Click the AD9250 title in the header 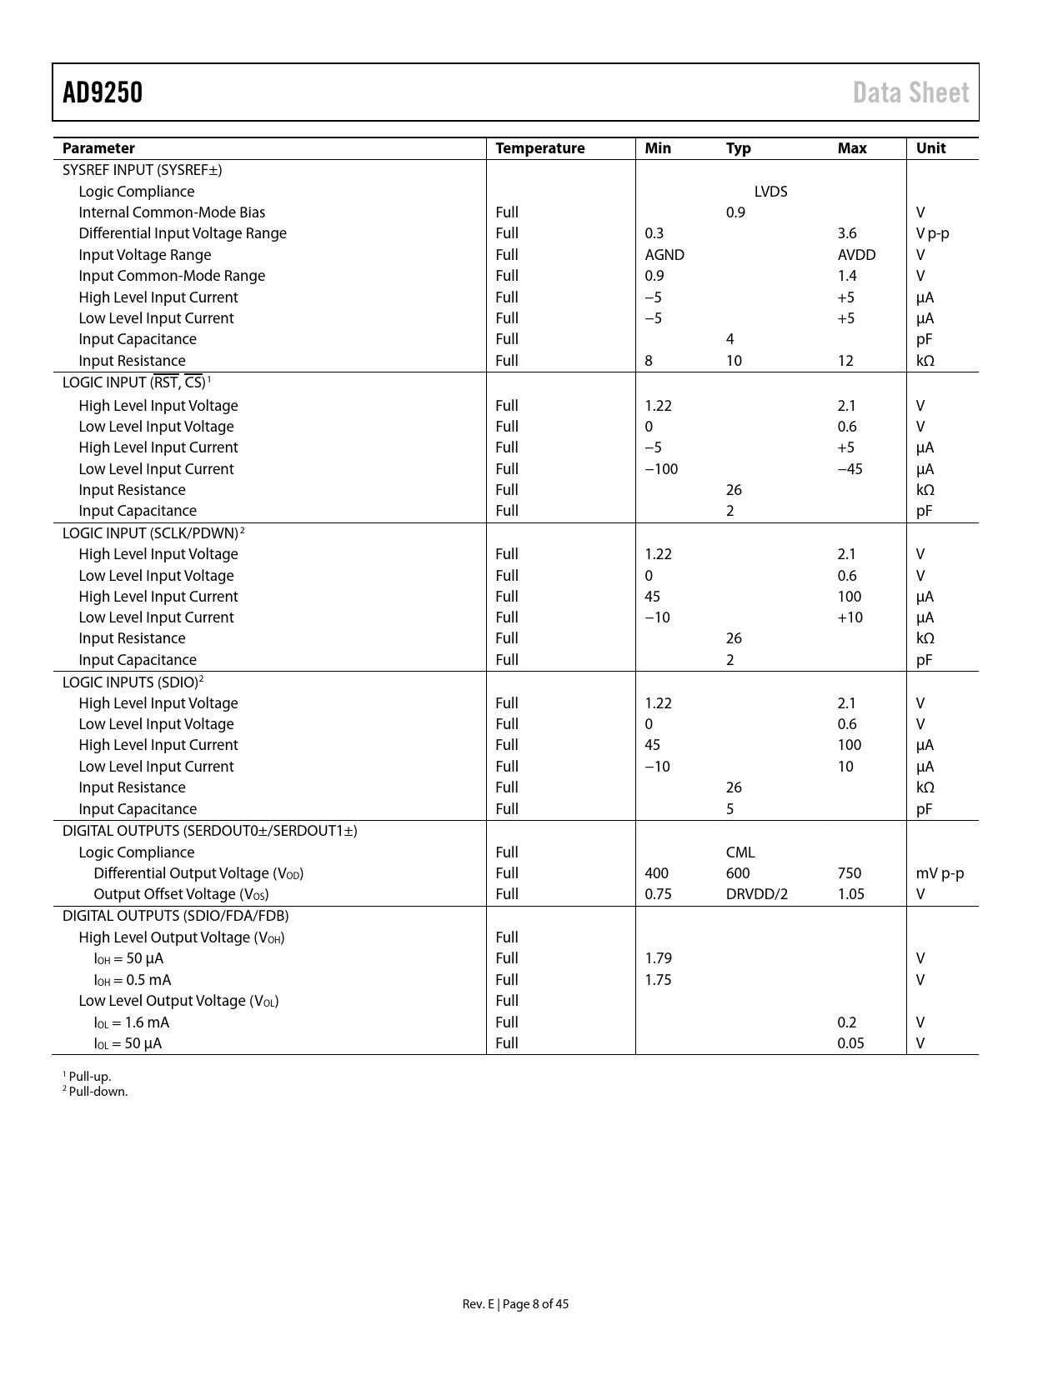click(x=103, y=92)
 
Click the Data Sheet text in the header click(x=910, y=92)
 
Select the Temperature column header click(x=539, y=148)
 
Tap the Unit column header click(x=930, y=148)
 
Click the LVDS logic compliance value click(x=770, y=192)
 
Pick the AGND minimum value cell click(x=664, y=255)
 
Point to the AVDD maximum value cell click(x=856, y=255)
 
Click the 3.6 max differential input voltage click(x=847, y=233)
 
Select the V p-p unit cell click(x=932, y=233)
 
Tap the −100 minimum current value click(x=661, y=469)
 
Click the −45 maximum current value click(x=850, y=469)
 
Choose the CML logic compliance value click(x=740, y=852)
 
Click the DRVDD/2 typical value click(x=756, y=894)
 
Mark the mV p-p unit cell click(x=940, y=873)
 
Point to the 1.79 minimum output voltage click(x=658, y=958)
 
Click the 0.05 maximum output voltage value click(x=850, y=1043)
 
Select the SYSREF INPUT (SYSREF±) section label click(x=142, y=170)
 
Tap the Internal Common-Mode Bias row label click(x=172, y=212)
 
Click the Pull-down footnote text click(x=98, y=1092)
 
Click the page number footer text click(x=515, y=1304)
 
